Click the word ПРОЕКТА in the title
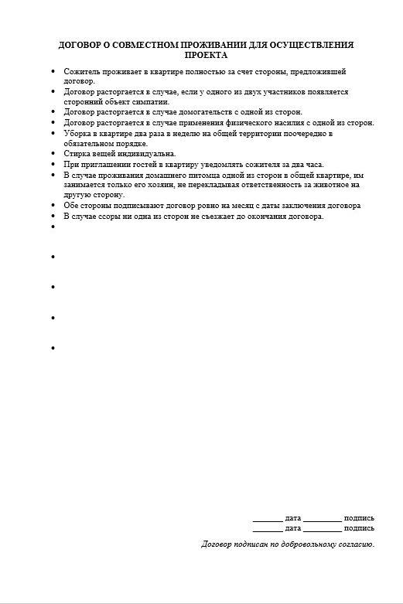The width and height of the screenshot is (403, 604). point(207,56)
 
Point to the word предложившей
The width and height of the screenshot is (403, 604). point(318,71)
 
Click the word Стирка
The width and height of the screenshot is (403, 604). point(76,154)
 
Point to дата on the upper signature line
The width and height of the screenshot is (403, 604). point(292,517)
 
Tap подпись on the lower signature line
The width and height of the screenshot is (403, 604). point(359,527)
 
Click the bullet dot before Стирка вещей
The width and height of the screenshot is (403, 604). point(53,154)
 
